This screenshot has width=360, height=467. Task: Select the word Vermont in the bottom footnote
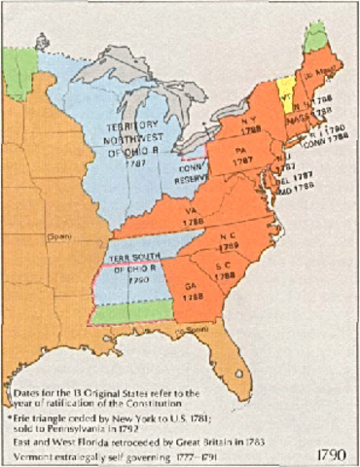[31, 450]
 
